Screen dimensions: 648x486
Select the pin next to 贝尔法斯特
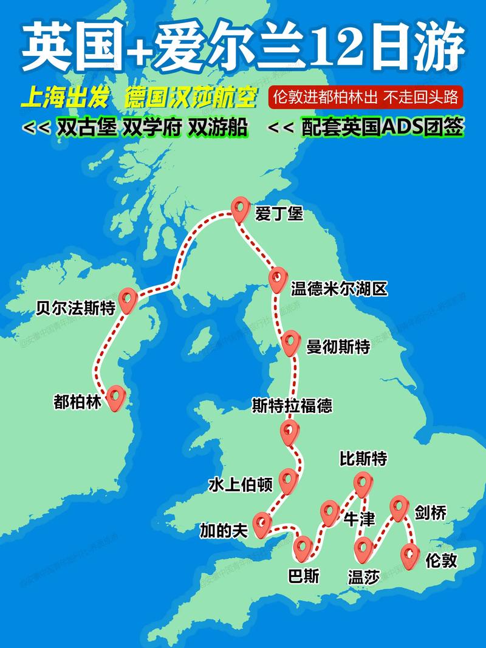[x=128, y=299]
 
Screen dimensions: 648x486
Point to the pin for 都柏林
[x=115, y=398]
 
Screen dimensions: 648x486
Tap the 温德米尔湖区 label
[x=339, y=288]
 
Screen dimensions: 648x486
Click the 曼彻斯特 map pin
[x=290, y=343]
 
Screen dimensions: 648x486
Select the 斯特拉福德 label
[x=292, y=406]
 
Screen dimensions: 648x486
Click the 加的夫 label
[x=224, y=531]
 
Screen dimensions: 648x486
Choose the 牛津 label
[x=359, y=519]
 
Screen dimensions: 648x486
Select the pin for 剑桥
[x=399, y=508]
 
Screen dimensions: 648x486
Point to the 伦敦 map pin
[x=410, y=554]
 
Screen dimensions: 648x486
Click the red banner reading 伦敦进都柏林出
[x=365, y=97]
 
